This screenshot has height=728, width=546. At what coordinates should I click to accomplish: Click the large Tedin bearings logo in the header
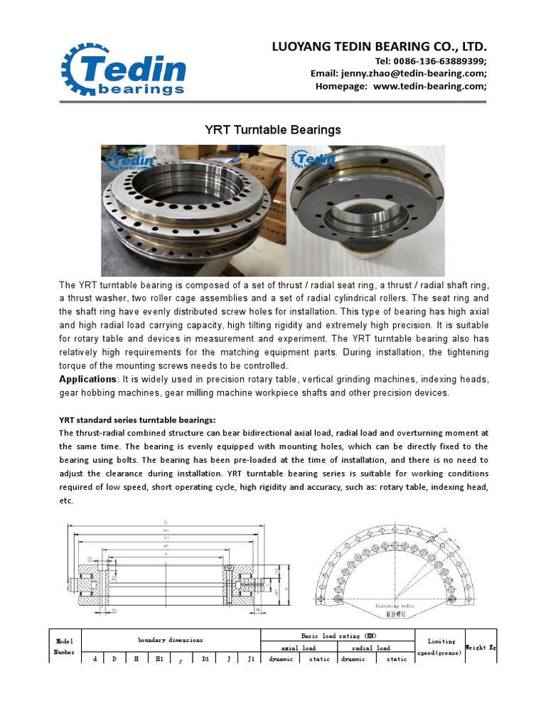pos(124,69)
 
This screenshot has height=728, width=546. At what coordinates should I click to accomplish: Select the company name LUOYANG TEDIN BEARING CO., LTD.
pos(380,47)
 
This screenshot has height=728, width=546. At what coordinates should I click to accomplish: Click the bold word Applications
pos(87,380)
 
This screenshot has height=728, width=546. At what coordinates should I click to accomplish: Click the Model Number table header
pos(65,646)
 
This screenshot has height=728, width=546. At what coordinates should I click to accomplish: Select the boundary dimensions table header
pos(171,640)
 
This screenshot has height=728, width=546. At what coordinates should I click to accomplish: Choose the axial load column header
pos(299,648)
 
